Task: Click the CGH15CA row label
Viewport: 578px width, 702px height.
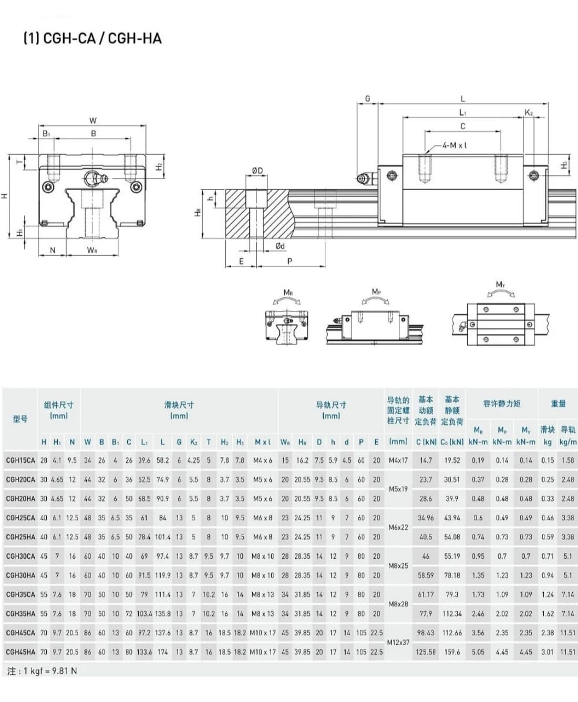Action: [x=20, y=460]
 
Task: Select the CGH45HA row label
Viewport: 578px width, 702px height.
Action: [x=20, y=652]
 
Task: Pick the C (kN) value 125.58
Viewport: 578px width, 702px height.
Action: [x=426, y=652]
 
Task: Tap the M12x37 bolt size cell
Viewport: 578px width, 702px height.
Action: [x=398, y=642]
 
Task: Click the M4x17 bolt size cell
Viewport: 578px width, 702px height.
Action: [x=398, y=460]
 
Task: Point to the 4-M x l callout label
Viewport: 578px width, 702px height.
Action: [x=455, y=145]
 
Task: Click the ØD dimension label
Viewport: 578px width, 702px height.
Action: [x=257, y=171]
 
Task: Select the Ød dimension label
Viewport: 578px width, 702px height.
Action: [x=280, y=246]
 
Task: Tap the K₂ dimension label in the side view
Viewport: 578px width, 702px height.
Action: [x=529, y=112]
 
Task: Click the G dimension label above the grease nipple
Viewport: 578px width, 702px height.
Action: [x=367, y=98]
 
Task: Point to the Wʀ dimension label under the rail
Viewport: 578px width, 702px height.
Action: [x=92, y=250]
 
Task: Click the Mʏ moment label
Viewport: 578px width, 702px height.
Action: [x=500, y=285]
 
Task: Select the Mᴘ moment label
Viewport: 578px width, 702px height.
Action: [x=376, y=291]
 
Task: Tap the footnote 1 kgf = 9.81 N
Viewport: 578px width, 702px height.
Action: [x=43, y=671]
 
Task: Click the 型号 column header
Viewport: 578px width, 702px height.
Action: [x=20, y=418]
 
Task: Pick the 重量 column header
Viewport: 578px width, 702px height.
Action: [x=558, y=403]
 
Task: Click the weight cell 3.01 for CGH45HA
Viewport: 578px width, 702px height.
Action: [x=548, y=652]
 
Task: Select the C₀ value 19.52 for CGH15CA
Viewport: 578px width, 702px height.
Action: [x=452, y=460]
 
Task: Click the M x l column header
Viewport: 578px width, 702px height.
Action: [x=263, y=442]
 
